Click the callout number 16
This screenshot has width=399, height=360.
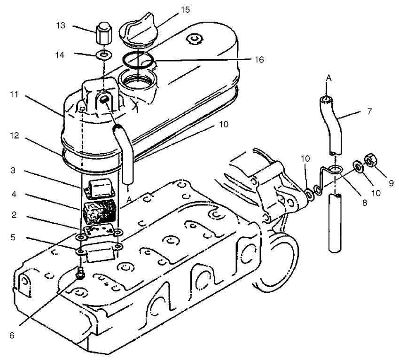pos(259,60)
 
